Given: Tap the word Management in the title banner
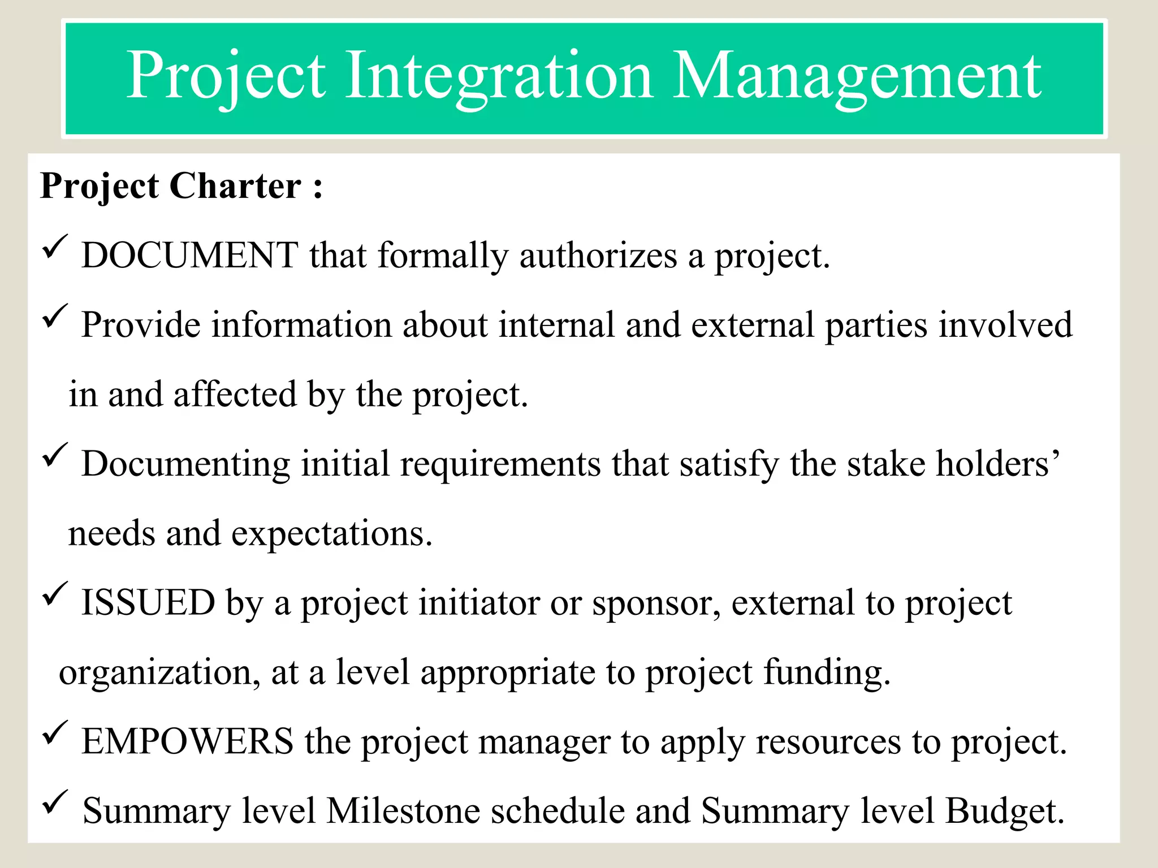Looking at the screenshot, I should click(x=856, y=76).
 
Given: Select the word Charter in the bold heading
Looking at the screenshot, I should click(x=235, y=186).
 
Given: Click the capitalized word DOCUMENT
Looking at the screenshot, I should click(x=189, y=256).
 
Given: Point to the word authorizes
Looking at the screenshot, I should click(x=598, y=256).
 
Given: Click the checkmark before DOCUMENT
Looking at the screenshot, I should click(x=55, y=248).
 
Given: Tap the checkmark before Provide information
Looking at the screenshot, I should click(x=55, y=316).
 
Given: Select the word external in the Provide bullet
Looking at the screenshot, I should click(x=752, y=325).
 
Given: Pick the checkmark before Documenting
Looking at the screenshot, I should click(x=55, y=455).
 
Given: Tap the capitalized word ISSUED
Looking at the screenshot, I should click(x=148, y=603).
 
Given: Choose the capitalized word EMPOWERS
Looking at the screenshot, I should click(x=187, y=742).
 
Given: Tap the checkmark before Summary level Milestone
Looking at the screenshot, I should click(x=55, y=802).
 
